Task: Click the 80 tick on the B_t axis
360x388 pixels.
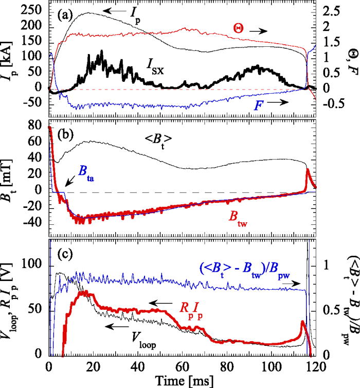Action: tap(37, 126)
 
